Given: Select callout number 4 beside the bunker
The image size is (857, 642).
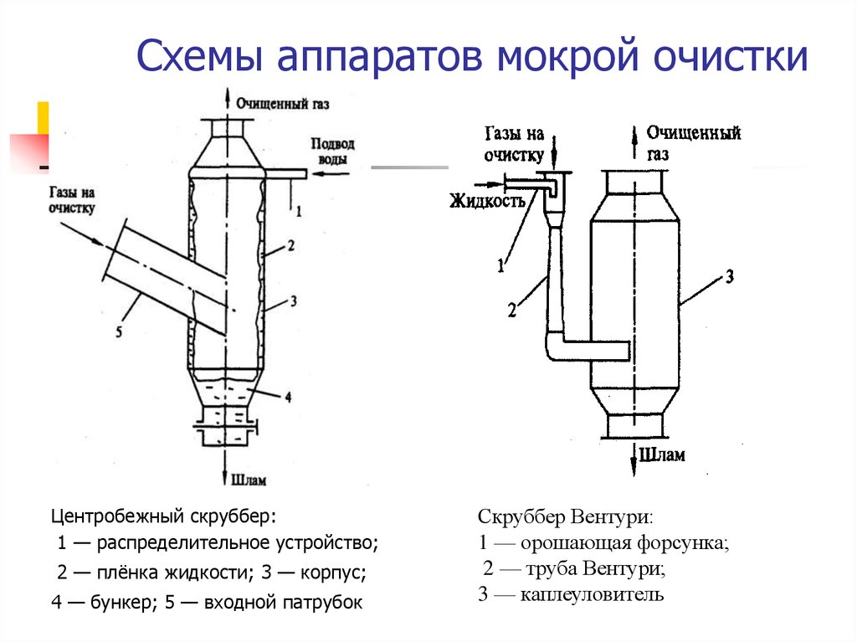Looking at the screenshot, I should (287, 398).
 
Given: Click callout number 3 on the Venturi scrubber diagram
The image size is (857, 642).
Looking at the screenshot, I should (730, 277).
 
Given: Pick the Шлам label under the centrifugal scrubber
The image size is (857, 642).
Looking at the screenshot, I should (250, 480).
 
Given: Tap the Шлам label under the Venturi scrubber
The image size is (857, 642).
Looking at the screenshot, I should (662, 455).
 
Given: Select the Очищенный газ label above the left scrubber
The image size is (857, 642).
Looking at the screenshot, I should (282, 105).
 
